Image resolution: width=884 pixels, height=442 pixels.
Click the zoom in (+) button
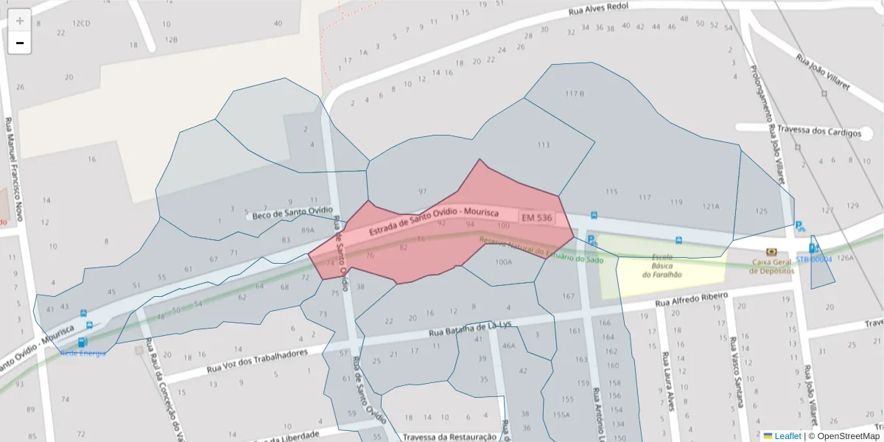[x=20, y=20]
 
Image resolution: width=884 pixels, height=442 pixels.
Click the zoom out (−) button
[x=20, y=43]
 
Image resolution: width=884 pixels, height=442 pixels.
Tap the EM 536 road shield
[x=536, y=218]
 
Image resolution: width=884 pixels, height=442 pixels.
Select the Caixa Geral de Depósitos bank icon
[x=771, y=252]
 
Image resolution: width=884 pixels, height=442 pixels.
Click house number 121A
[x=710, y=206]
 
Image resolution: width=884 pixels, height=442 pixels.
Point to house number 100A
[x=504, y=261]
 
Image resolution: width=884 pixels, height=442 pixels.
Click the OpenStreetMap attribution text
[x=847, y=435]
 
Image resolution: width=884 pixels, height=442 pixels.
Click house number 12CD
[x=80, y=24]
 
